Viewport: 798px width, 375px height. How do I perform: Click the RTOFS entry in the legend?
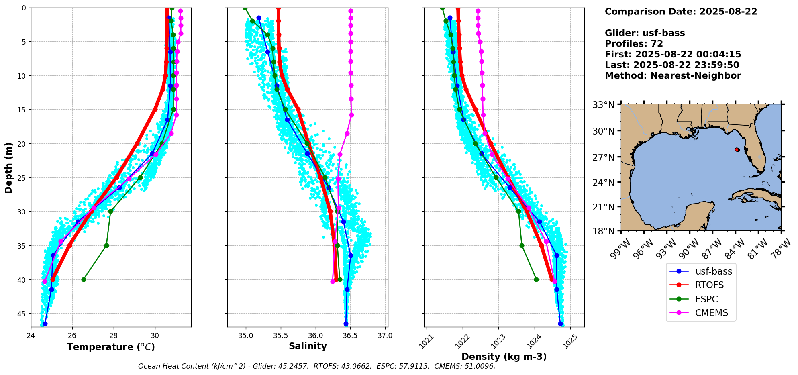[x=709, y=285]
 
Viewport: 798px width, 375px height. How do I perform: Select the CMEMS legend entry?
[x=711, y=313]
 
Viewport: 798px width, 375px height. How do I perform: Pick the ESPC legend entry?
[x=706, y=299]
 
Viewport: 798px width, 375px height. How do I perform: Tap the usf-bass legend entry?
[x=714, y=271]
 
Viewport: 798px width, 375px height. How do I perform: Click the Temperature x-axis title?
[x=111, y=347]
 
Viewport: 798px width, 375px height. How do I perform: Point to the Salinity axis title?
[x=308, y=346]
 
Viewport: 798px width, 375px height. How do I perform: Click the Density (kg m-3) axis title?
[x=504, y=357]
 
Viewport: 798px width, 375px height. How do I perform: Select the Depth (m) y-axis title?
[x=8, y=167]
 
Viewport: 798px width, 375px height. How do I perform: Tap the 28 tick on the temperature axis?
[x=114, y=336]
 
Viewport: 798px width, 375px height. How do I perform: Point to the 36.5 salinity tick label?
[x=350, y=336]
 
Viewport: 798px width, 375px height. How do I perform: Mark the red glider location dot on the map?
[x=737, y=150]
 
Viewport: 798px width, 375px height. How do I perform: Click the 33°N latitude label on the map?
[x=604, y=105]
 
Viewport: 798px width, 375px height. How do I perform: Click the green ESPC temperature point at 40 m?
[x=84, y=279]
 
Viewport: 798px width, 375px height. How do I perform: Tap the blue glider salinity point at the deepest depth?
[x=346, y=324]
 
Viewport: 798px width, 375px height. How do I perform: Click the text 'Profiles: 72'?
[x=634, y=44]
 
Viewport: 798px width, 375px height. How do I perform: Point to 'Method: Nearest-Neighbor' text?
[x=673, y=76]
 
